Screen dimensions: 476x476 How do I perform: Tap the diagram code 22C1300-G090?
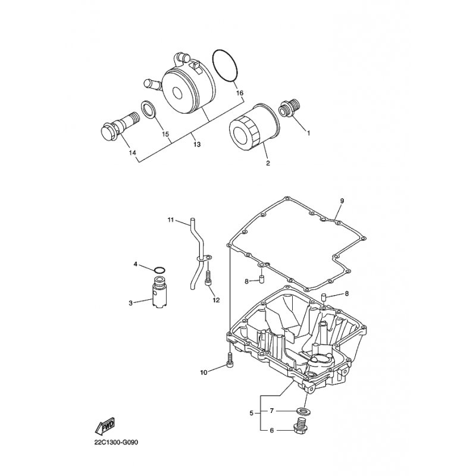coord(116,442)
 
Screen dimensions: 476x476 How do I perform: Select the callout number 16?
coord(240,93)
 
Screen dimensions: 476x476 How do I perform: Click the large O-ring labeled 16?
coord(225,65)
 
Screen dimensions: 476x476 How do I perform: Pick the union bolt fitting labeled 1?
coord(289,108)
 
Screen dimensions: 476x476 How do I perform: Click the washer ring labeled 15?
coord(148,110)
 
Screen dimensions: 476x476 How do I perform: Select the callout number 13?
coord(197,144)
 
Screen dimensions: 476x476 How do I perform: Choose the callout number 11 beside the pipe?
coord(171,220)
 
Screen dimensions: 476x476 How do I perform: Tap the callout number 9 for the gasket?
coord(342,201)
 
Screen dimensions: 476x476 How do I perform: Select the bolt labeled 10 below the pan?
coord(230,360)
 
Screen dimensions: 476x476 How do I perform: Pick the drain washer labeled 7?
coord(302,411)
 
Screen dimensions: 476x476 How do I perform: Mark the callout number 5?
coord(251,413)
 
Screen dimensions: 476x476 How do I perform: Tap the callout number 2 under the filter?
coord(268,163)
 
